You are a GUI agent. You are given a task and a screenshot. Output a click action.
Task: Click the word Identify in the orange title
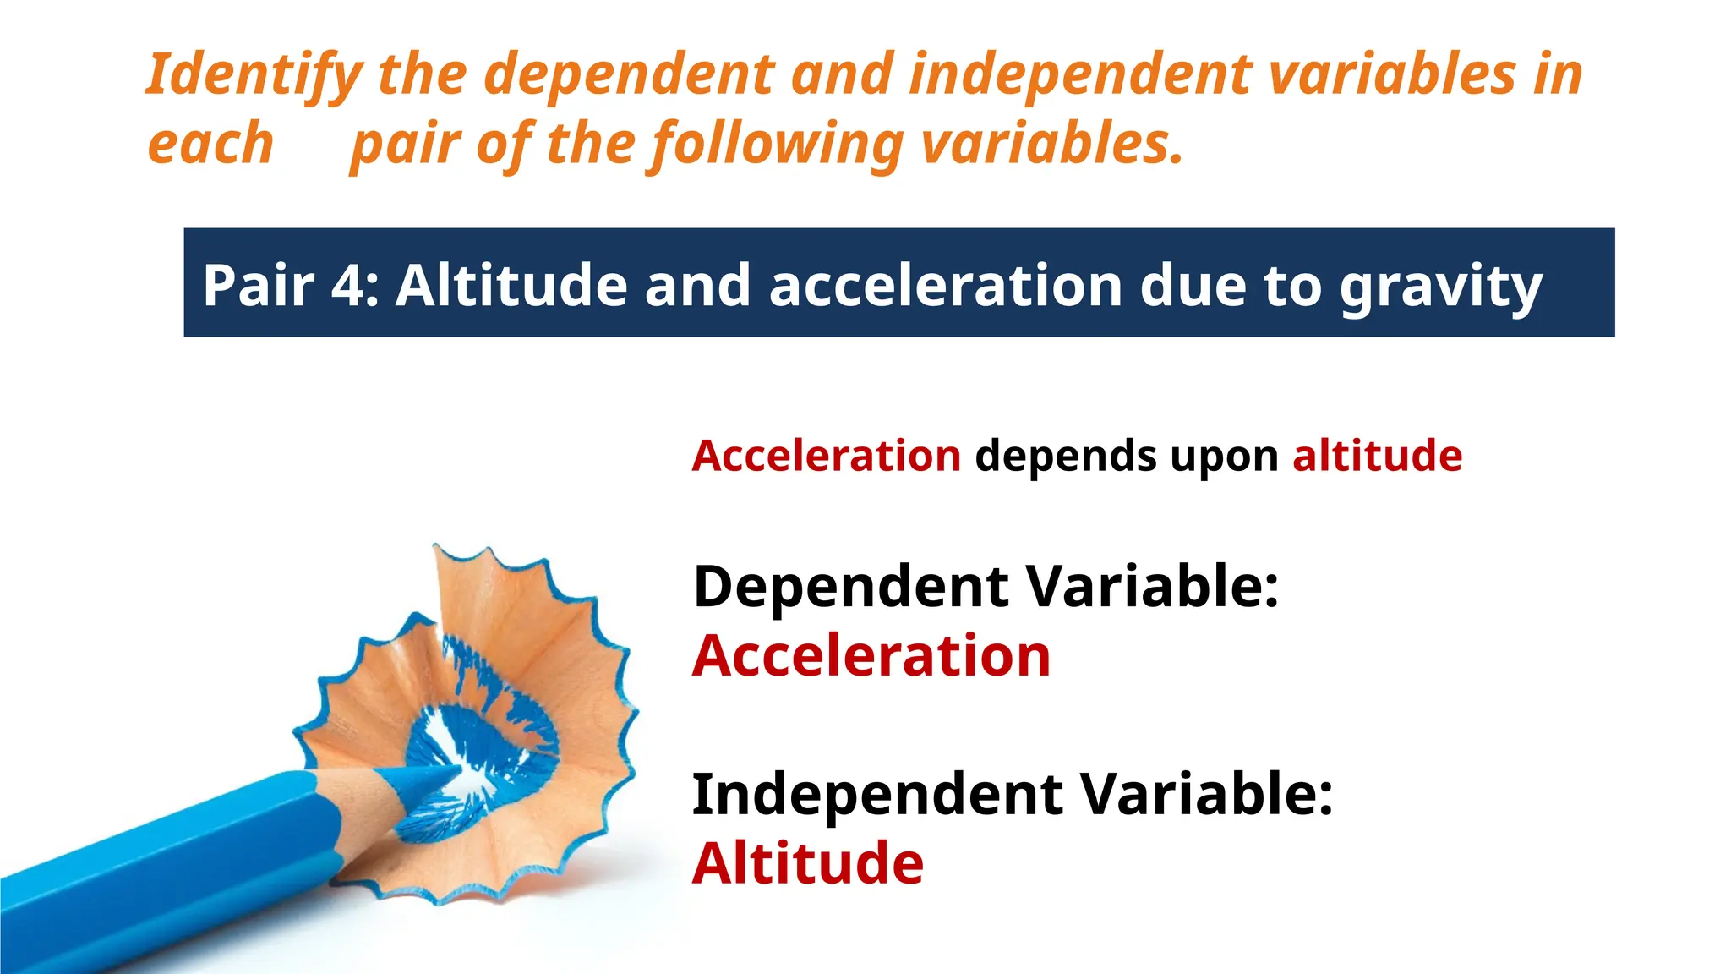pos(254,74)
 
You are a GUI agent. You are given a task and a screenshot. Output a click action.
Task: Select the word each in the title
pos(210,144)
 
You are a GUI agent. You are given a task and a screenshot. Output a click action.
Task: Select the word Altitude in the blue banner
pos(511,285)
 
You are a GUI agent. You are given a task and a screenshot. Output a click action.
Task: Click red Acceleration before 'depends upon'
pos(826,457)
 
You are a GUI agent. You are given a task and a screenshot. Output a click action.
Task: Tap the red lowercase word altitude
pos(1377,457)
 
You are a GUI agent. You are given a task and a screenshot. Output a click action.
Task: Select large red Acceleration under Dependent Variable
pos(871,656)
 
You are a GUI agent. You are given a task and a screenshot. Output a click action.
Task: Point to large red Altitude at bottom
pos(807,863)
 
